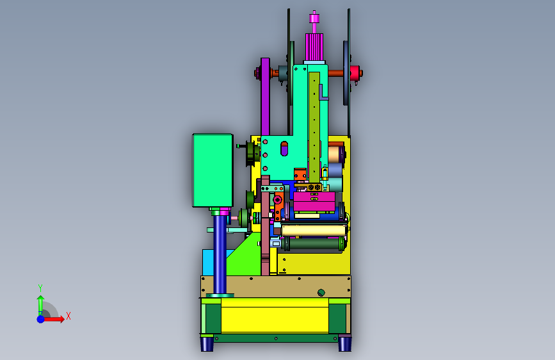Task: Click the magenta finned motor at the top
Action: [314, 47]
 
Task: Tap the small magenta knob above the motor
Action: [314, 19]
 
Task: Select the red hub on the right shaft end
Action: [355, 74]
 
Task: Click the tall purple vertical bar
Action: [265, 96]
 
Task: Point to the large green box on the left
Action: [213, 170]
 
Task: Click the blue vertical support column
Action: [220, 254]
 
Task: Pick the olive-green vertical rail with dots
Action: [314, 127]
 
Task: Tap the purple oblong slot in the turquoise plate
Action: [284, 149]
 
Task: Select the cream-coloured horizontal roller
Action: [314, 231]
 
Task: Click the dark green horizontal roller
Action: [314, 243]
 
